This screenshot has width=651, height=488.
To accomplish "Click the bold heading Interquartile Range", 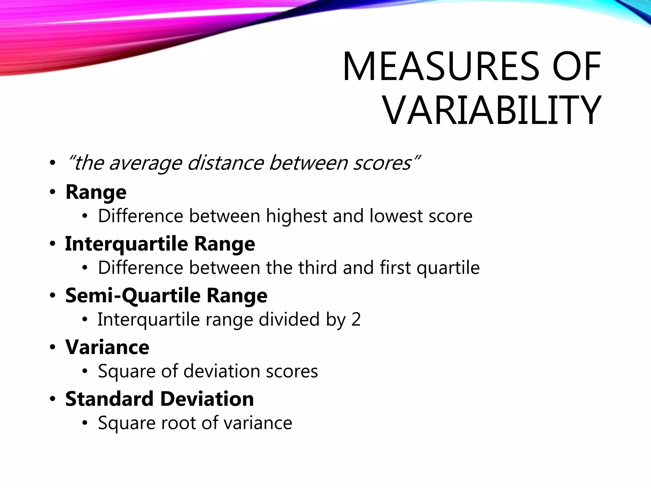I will click(160, 244).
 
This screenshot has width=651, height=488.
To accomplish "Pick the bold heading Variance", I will click(107, 347).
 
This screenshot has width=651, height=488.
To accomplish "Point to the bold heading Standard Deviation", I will click(160, 399).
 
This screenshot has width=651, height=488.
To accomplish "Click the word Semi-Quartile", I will click(133, 295).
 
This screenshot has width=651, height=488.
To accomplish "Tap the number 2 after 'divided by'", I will click(356, 319).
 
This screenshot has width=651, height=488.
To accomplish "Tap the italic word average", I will click(146, 163).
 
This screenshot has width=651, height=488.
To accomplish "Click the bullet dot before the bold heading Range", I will click(52, 192).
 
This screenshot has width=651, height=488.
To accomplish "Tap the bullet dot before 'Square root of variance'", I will click(85, 423).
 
